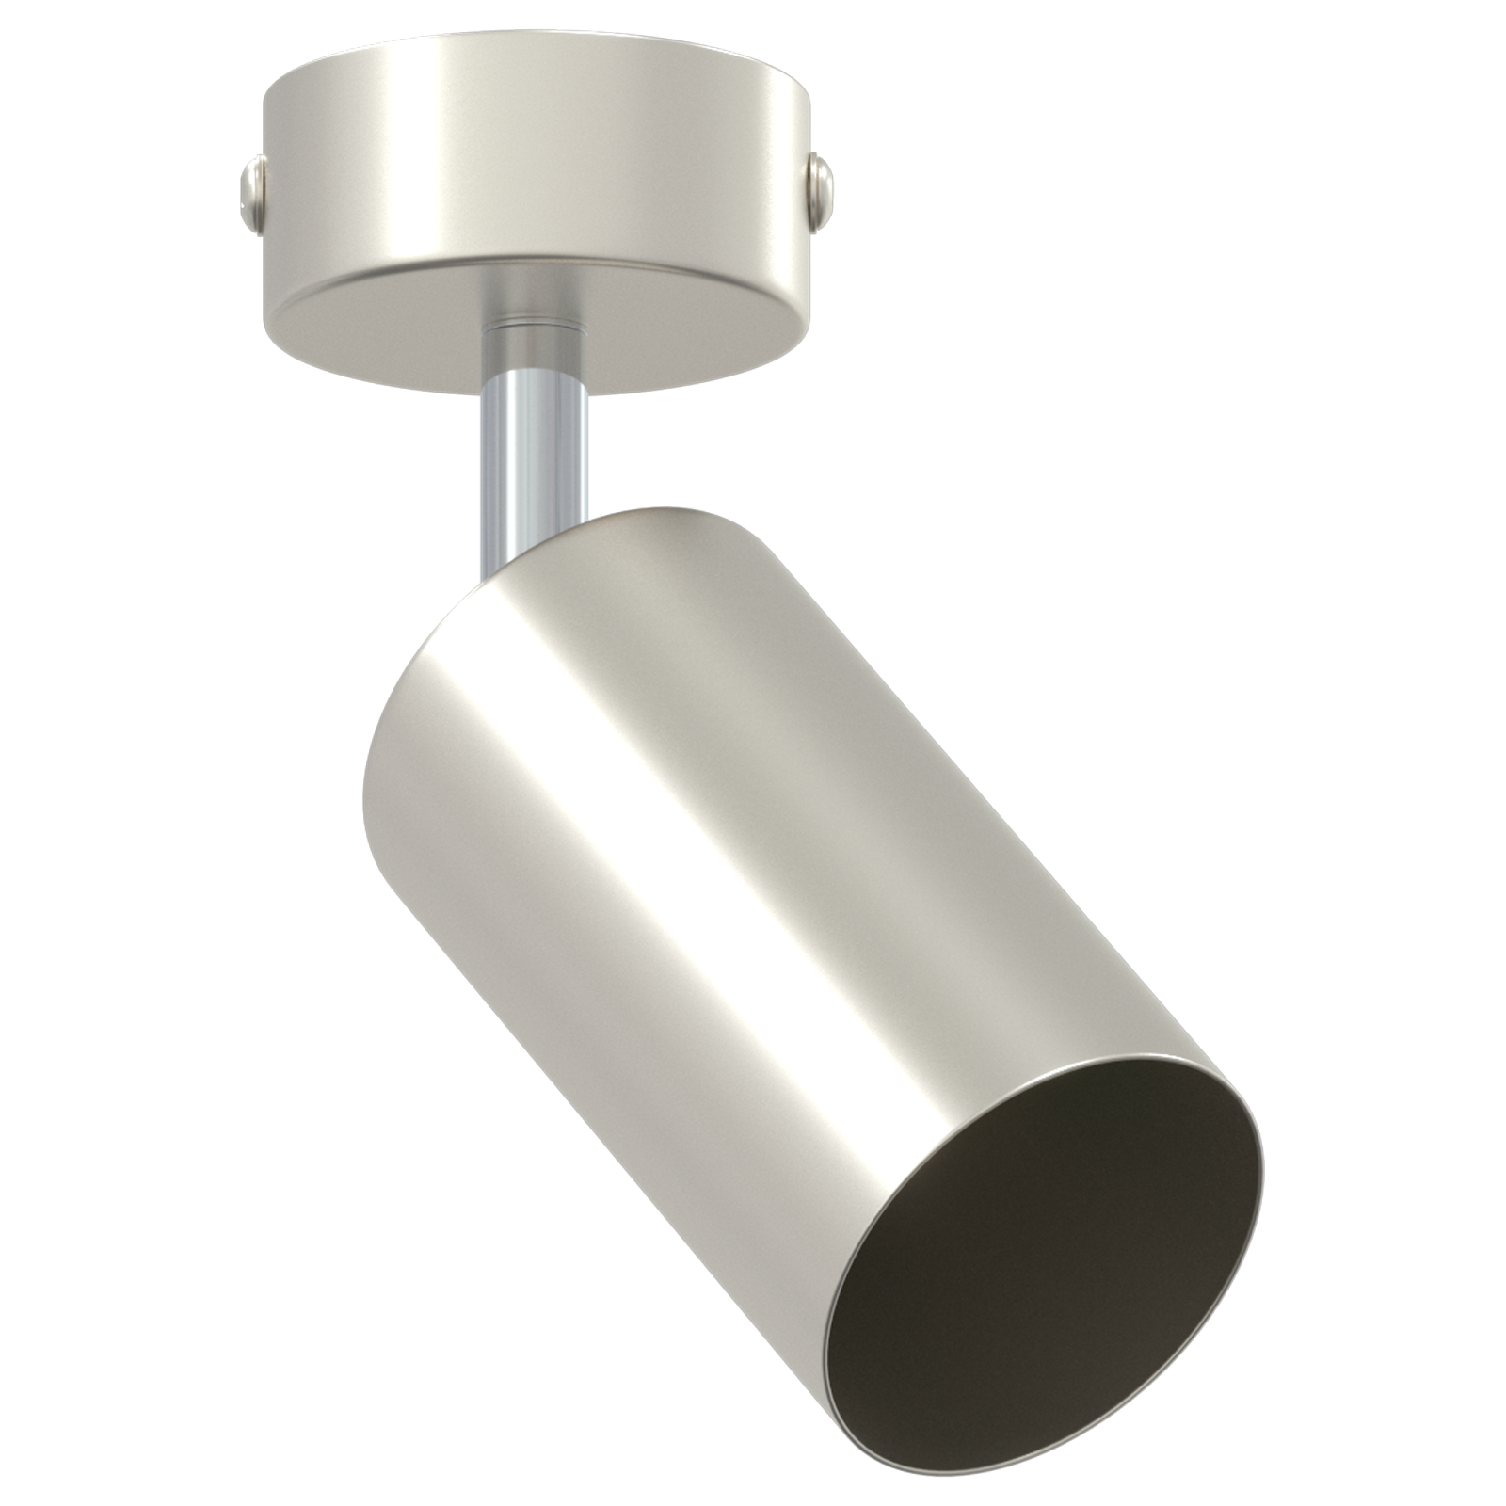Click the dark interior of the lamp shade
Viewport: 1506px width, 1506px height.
point(1045,1261)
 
